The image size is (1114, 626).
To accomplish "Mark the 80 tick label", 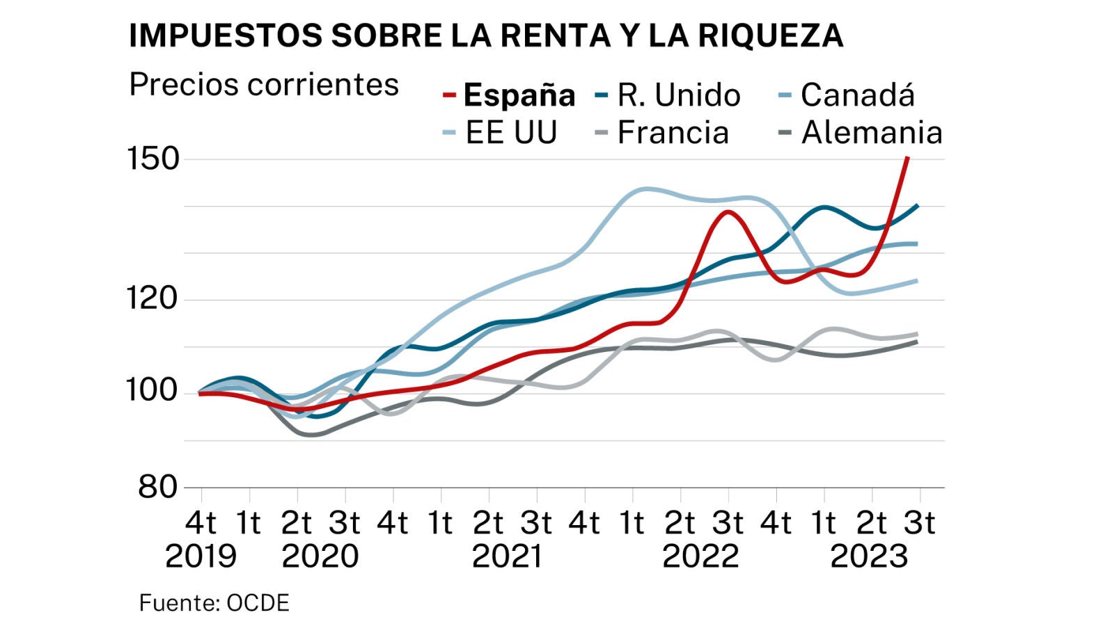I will tap(159, 487).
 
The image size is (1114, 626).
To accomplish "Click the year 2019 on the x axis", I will tap(201, 556).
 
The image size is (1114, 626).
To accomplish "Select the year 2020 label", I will tap(320, 556).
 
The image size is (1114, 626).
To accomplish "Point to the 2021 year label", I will tap(507, 556).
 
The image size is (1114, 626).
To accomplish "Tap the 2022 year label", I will tap(700, 556).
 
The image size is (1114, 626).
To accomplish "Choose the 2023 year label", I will tap(870, 556).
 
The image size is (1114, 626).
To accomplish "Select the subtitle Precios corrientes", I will tap(264, 85).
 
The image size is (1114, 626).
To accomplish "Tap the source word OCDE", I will tap(258, 603).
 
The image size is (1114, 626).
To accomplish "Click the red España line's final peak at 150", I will tap(908, 159).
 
